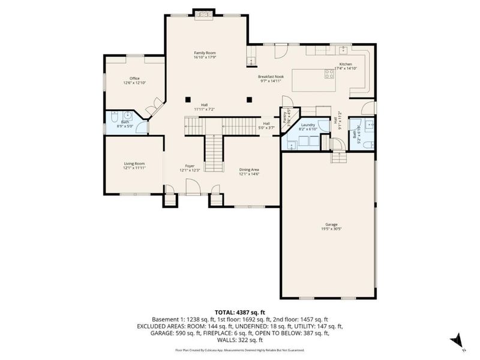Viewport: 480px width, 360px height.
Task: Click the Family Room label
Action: pyautogui.click(x=204, y=55)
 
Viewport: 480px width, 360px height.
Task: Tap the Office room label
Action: pyautogui.click(x=134, y=80)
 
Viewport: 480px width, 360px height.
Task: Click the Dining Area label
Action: pyautogui.click(x=249, y=171)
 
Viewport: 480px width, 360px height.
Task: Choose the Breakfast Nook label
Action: pyautogui.click(x=271, y=79)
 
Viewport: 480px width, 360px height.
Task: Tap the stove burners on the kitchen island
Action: pyautogui.click(x=329, y=74)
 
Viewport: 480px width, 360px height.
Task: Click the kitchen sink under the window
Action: pyautogui.click(x=343, y=49)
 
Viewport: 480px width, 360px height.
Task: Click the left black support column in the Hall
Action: pyautogui.click(x=188, y=99)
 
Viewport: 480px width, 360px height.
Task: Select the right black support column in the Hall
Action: pyautogui.click(x=248, y=99)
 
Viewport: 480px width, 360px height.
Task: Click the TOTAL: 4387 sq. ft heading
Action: pyautogui.click(x=239, y=313)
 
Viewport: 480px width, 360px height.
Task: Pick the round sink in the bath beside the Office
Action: pyautogui.click(x=128, y=116)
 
